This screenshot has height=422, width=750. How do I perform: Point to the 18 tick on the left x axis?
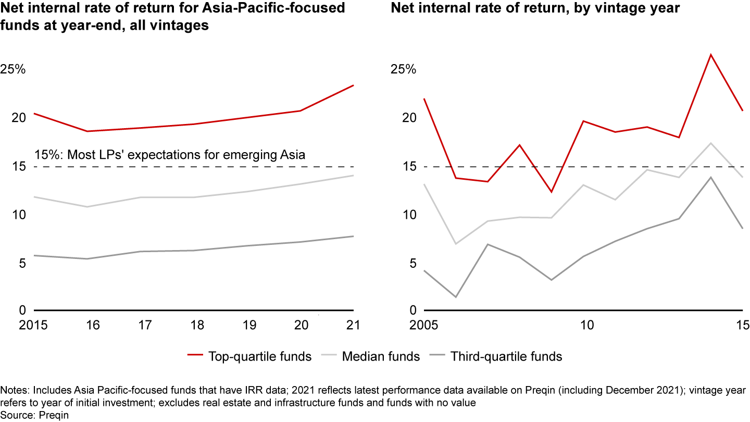coord(193,325)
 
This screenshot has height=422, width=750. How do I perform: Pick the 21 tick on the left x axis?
coord(354,325)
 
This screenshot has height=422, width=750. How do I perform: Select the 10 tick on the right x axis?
coord(587,325)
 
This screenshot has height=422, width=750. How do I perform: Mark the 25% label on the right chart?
coord(404,69)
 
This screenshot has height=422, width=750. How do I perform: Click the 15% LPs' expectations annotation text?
coord(169,154)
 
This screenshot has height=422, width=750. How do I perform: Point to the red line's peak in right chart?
coord(711,54)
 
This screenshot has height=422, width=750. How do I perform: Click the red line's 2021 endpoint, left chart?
coord(354,85)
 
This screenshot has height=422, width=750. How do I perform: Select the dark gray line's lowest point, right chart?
coord(456,297)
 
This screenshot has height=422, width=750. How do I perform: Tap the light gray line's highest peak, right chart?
coord(711,143)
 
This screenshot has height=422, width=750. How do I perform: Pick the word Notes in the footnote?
coord(14,390)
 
